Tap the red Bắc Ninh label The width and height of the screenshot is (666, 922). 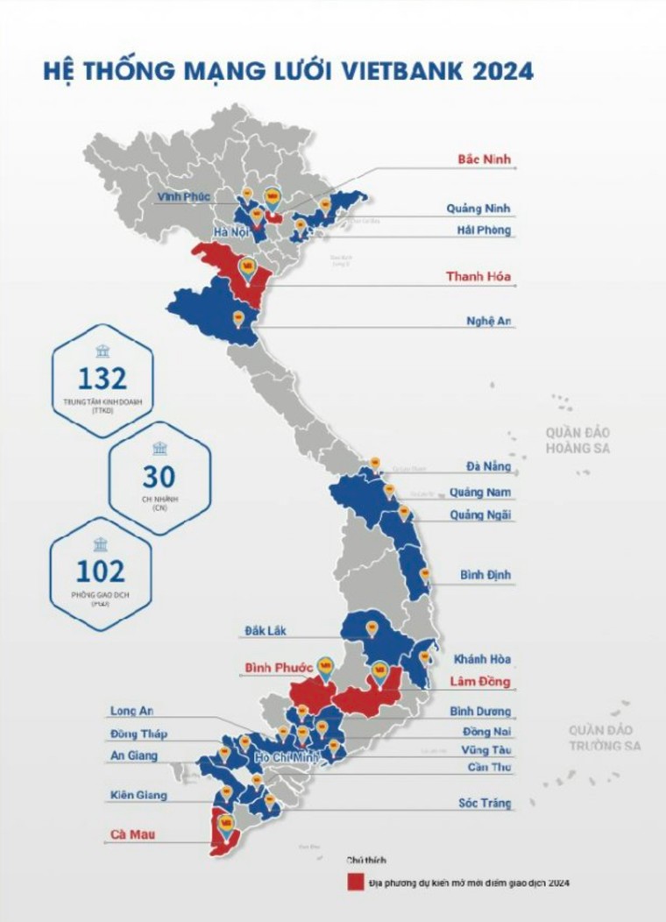pos(484,160)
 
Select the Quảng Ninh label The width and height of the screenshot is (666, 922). pos(478,209)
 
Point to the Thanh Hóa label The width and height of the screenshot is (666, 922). pos(478,277)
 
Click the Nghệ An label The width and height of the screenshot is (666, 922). pos(488,321)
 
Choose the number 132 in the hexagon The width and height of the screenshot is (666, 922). pos(103,379)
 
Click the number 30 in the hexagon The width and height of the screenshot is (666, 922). pos(159,477)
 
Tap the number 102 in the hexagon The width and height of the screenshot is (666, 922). pos(101,571)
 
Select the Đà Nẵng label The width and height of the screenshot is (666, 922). pos(489,466)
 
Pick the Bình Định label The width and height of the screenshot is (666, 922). pos(485,576)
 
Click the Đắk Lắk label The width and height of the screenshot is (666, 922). pos(266,630)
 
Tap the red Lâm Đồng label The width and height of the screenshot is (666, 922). pos(480,680)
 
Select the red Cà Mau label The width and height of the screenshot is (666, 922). pos(133,834)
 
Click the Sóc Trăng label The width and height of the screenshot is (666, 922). pos(485,803)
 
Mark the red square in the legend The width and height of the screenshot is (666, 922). pos(355,882)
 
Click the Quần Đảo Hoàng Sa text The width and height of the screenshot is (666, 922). pos(577,441)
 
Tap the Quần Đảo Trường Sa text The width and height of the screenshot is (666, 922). pos(605,738)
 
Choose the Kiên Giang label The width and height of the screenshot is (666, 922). pos(138,795)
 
